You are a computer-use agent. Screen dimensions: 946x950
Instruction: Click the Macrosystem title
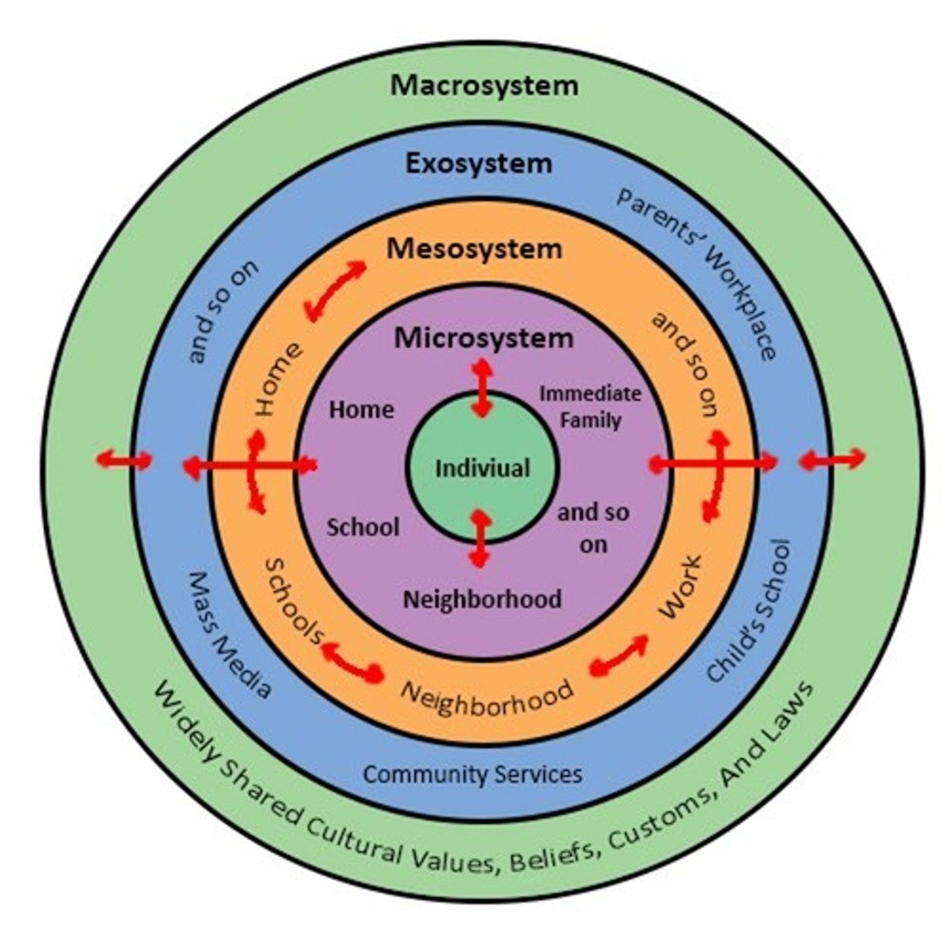(x=484, y=85)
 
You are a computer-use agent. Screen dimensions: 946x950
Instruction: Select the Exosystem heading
(x=478, y=164)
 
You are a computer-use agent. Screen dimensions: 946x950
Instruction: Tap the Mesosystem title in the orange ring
(x=474, y=249)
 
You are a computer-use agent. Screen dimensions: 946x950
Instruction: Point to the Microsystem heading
(x=484, y=338)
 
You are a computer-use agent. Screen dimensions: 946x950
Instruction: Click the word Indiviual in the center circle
(x=483, y=468)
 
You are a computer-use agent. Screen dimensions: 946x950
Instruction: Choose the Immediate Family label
(x=590, y=406)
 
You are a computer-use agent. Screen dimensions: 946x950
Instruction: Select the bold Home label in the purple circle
(x=361, y=409)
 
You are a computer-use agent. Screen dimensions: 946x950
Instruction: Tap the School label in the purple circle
(x=363, y=527)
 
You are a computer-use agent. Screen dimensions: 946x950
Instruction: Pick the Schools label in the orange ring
(x=294, y=601)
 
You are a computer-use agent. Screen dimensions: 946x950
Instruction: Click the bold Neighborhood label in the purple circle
(x=482, y=599)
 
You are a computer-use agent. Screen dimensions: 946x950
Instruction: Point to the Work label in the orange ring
(x=679, y=587)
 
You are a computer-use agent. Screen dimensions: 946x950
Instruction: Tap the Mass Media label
(x=229, y=635)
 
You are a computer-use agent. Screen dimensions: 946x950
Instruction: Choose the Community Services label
(x=472, y=773)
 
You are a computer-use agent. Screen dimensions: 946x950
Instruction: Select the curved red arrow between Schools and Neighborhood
(x=352, y=661)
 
